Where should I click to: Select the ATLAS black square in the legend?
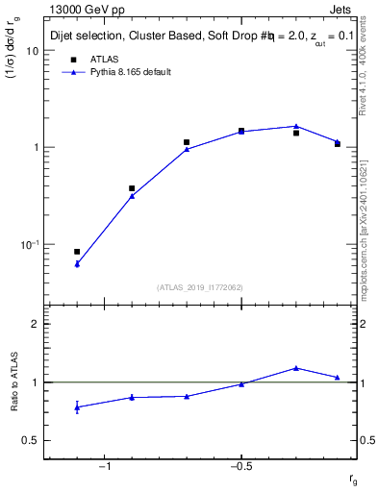pos(73,60)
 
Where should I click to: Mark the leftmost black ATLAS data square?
pos(77,252)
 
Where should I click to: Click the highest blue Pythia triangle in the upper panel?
pos(296,126)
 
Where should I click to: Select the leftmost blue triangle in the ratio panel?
pos(77,407)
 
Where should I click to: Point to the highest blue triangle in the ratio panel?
pos(296,367)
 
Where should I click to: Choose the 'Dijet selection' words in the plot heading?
pos(88,36)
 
